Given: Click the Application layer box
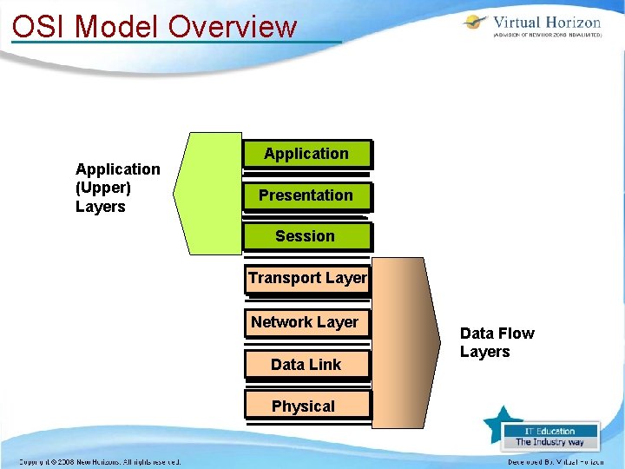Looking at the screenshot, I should pyautogui.click(x=306, y=154).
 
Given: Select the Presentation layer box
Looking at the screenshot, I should pyautogui.click(x=306, y=195).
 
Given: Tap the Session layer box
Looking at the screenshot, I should pyautogui.click(x=306, y=236).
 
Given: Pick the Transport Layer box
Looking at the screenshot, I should pyautogui.click(x=307, y=278).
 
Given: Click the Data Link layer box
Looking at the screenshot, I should pyautogui.click(x=306, y=364).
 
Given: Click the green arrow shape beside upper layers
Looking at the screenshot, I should pyautogui.click(x=208, y=193).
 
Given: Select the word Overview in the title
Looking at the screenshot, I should pyautogui.click(x=233, y=26).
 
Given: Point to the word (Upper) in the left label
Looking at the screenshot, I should pyautogui.click(x=103, y=188).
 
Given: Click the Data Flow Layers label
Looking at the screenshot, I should pyautogui.click(x=497, y=342).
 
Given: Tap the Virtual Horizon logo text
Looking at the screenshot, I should pyautogui.click(x=547, y=23).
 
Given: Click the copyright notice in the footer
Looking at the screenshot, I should pyautogui.click(x=101, y=461).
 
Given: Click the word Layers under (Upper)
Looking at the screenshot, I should pyautogui.click(x=101, y=207).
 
